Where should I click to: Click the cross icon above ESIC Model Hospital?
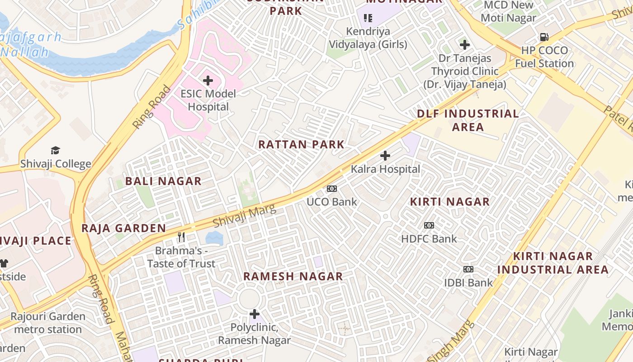208,81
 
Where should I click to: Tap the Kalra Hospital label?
386,169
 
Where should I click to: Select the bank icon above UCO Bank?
332,189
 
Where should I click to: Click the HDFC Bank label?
429,238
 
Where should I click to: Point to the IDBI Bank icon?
468,269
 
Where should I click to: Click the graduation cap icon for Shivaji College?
55,150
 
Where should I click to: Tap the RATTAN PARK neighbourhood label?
301,145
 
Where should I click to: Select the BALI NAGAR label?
163,181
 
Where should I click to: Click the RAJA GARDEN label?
123,228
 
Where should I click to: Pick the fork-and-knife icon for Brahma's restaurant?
181,237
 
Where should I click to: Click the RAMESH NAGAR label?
293,276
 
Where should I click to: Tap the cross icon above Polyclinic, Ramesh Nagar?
255,314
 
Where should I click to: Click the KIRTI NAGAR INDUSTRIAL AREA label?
553,263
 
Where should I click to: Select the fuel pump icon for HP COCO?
544,37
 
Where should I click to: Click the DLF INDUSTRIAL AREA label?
468,120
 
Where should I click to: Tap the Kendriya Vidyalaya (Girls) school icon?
368,18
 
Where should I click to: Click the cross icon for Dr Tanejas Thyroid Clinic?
464,45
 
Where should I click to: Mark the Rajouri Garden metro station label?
48,323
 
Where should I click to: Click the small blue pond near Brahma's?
214,237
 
